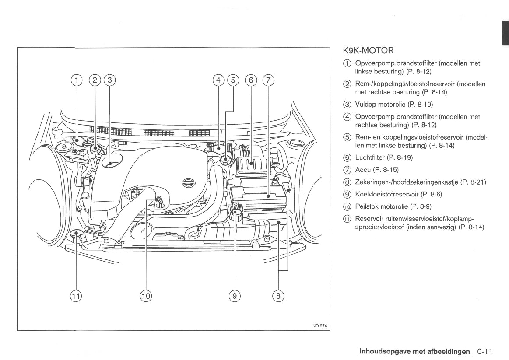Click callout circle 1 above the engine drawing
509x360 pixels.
point(76,80)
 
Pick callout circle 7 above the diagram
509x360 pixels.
point(268,80)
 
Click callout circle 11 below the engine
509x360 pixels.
point(76,296)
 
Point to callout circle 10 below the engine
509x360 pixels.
point(146,296)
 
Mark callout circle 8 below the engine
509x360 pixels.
point(278,296)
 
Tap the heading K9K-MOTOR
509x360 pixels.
point(369,51)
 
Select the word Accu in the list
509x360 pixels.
point(362,170)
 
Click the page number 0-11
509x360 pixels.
point(485,351)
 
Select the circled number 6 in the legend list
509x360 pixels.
point(347,157)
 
